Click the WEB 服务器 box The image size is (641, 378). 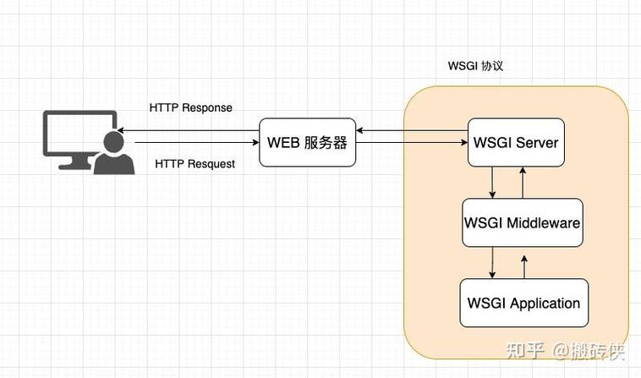[x=307, y=142]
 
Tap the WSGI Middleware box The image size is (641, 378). [x=523, y=222]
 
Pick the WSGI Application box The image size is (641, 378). [x=523, y=303]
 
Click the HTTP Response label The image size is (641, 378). [x=190, y=108]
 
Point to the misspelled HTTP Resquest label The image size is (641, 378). [x=195, y=163]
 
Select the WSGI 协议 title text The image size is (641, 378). [x=475, y=66]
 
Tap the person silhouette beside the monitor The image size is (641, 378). [x=113, y=155]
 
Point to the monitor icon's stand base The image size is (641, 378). [x=76, y=167]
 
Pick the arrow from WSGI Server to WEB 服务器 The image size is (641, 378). [x=412, y=130]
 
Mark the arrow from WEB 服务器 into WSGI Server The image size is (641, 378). [x=412, y=144]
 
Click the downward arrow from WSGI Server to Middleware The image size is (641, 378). [x=493, y=183]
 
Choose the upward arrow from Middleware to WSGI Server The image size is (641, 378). [x=523, y=183]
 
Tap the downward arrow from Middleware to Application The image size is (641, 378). [x=493, y=262]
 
